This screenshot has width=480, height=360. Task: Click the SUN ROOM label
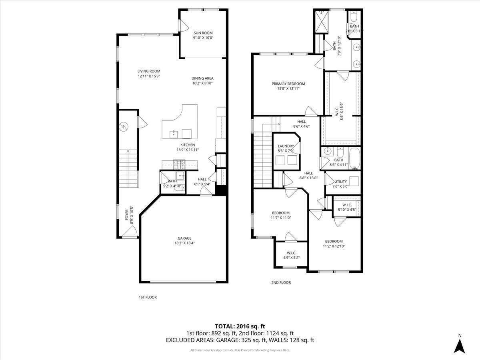click(x=203, y=33)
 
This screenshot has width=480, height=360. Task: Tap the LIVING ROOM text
click(x=149, y=71)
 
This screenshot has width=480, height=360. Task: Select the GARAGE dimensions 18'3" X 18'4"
click(x=184, y=243)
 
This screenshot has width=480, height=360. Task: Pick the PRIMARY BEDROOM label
click(x=288, y=84)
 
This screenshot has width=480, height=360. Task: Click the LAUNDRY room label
click(x=286, y=146)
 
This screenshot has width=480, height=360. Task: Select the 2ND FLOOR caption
click(x=281, y=282)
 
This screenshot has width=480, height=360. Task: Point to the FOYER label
click(x=127, y=214)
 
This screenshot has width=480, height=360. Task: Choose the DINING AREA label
click(x=202, y=78)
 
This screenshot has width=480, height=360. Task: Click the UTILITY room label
click(x=340, y=181)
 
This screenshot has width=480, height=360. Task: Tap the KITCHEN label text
click(x=188, y=145)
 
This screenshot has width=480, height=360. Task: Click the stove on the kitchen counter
click(x=179, y=163)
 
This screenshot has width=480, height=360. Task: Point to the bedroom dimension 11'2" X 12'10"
click(x=334, y=246)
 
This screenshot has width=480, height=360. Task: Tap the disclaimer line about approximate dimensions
click(x=240, y=350)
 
